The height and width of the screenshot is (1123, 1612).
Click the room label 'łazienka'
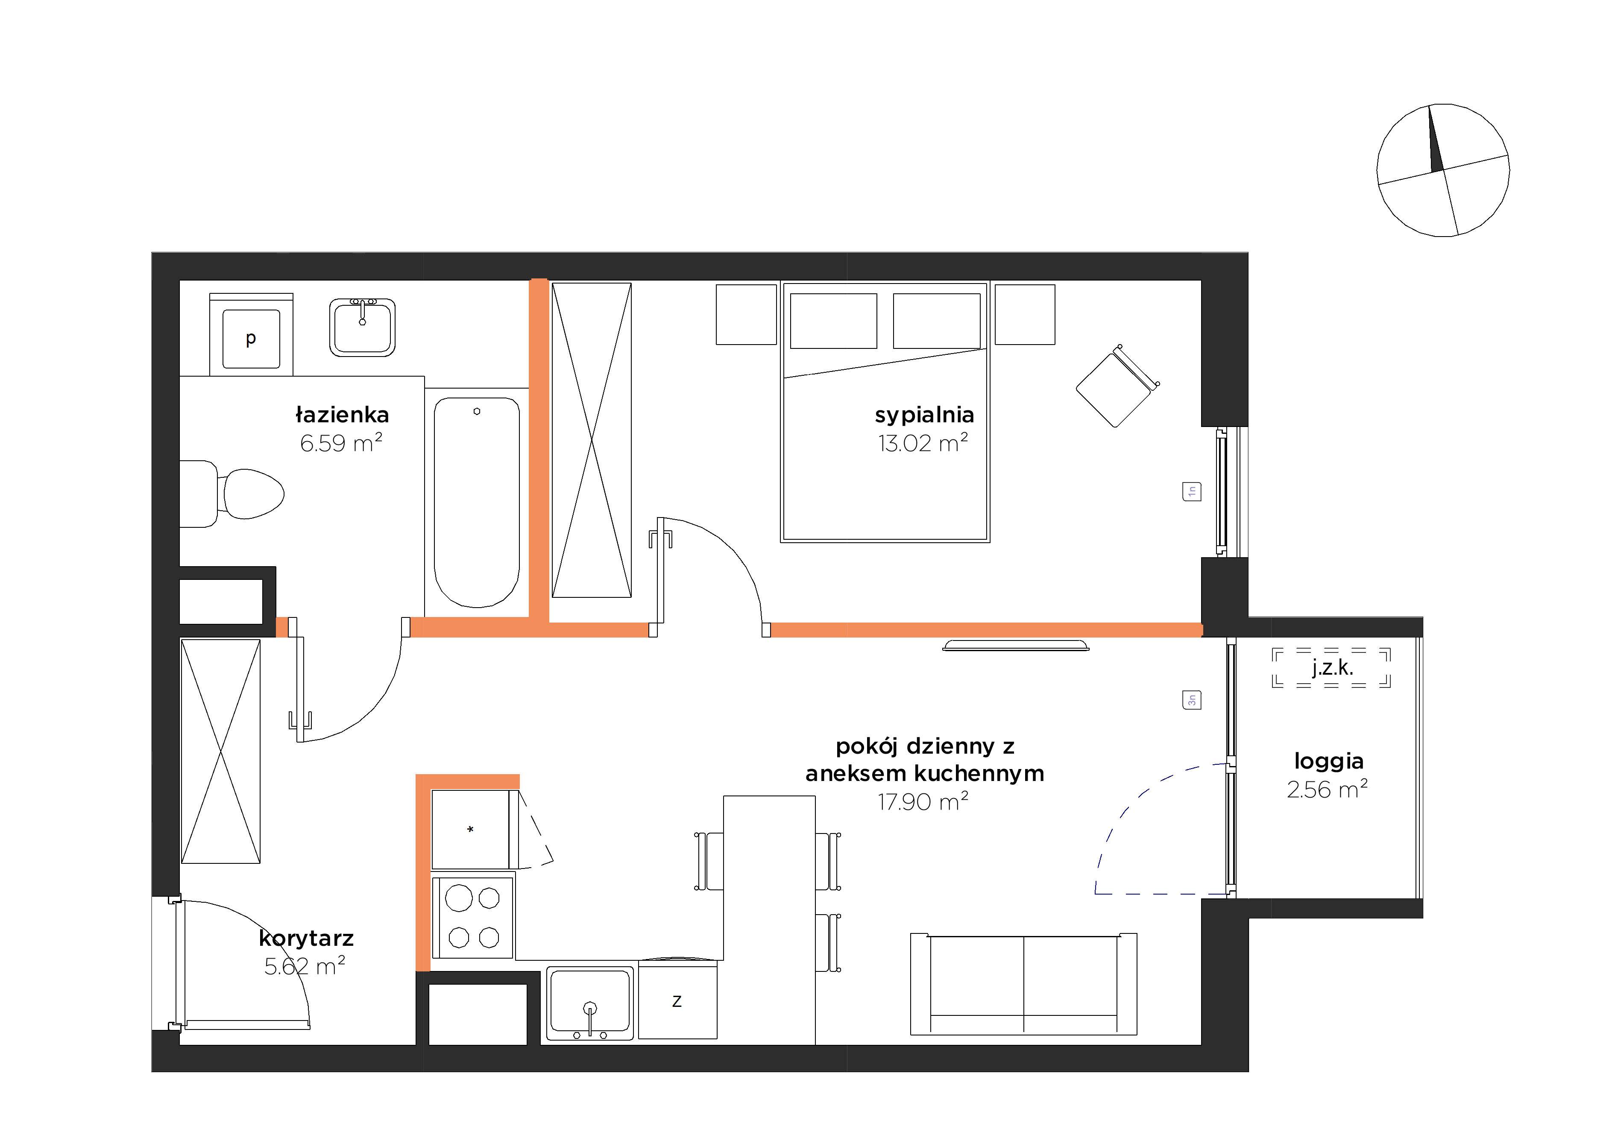coord(342,415)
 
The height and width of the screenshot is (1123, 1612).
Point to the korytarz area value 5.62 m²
coord(305,966)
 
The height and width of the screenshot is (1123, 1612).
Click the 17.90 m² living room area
coord(923,801)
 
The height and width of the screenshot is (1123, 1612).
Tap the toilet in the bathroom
coord(232,494)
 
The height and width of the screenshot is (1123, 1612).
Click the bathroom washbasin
coord(362,327)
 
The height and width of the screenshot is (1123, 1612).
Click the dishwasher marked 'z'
coord(677,1000)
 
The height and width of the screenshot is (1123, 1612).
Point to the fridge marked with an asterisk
coord(470,830)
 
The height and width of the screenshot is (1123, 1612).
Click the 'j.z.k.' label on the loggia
coord(1332,667)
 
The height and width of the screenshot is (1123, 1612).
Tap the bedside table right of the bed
coord(1025,314)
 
